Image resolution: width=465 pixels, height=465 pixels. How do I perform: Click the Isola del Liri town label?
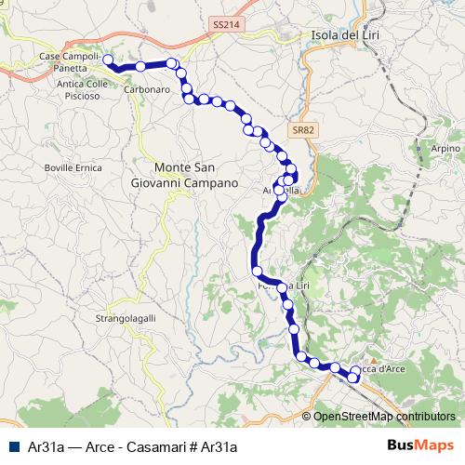pos(350,35)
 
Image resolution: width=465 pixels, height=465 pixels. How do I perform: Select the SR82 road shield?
pos(300,131)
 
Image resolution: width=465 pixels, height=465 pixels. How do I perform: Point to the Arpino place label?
pos(445,148)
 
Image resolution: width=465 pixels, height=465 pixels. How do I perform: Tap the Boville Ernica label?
pos(72,167)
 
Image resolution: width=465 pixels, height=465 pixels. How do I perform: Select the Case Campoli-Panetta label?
pos(70,62)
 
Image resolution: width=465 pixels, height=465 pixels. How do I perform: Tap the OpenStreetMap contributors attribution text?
pos(384,417)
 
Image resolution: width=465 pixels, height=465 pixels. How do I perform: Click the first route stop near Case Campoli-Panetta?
pos(108,60)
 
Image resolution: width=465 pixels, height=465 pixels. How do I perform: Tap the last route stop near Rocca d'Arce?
pos(354,379)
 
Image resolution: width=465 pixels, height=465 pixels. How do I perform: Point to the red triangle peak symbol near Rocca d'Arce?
pos(373,359)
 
